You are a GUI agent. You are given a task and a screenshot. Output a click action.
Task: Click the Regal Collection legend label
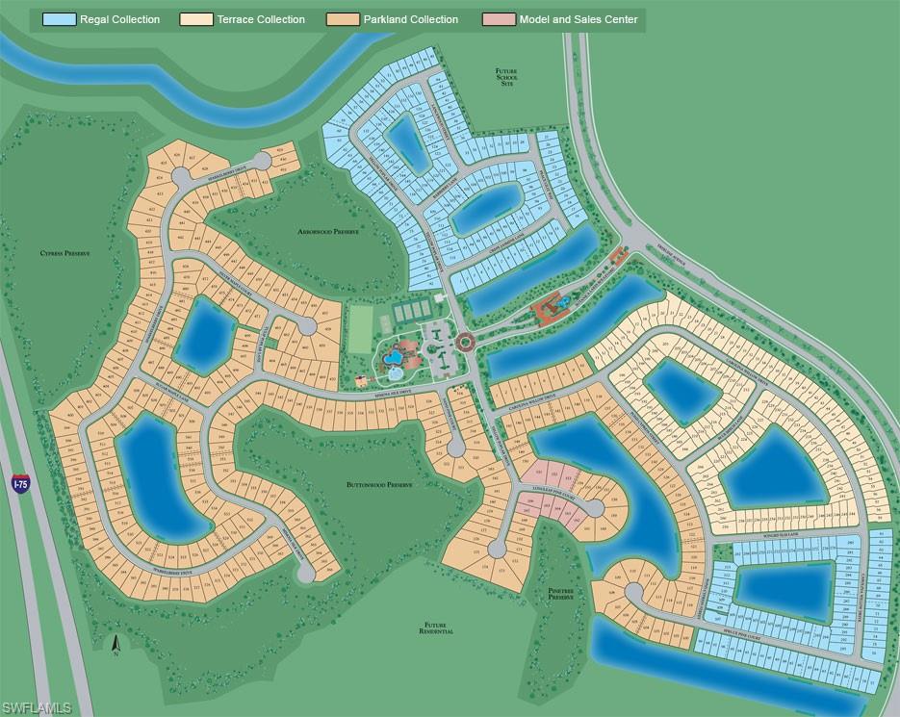click(x=119, y=19)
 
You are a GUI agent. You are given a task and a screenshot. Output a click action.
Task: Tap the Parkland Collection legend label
click(x=411, y=19)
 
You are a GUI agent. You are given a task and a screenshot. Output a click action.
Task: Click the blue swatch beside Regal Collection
click(x=58, y=19)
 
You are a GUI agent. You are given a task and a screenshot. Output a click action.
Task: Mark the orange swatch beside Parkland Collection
click(x=345, y=19)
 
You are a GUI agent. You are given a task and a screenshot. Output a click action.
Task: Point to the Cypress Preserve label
click(x=64, y=253)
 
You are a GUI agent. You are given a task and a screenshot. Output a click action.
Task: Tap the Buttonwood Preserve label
click(x=379, y=485)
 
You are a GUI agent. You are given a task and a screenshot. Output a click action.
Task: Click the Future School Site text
click(x=505, y=78)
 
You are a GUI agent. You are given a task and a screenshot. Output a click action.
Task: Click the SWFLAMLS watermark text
click(x=38, y=707)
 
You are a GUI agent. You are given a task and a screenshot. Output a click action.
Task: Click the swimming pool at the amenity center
click(x=392, y=359)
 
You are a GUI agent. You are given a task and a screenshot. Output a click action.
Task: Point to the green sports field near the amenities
click(x=358, y=326)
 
